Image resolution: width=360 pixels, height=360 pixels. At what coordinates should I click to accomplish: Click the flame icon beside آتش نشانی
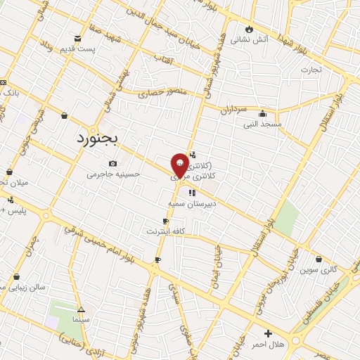248,30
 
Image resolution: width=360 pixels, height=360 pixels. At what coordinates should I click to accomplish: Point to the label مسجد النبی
262,124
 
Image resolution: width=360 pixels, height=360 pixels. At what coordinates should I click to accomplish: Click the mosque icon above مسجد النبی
263,114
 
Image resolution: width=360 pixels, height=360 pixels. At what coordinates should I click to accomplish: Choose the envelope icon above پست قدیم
77,38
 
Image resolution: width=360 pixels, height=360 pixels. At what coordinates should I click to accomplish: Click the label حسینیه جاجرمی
114,174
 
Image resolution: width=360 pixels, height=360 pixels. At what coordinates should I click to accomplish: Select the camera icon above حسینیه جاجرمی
112,164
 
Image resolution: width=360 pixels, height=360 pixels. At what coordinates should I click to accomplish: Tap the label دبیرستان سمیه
190,202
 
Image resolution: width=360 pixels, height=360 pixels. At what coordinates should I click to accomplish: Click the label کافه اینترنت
165,231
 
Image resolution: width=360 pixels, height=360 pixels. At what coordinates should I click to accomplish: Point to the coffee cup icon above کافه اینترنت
166,221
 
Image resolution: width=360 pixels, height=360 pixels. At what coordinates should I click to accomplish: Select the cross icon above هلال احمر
267,333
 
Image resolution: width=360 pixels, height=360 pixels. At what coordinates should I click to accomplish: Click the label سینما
80,319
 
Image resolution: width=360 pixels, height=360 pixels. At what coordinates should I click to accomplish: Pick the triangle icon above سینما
81,309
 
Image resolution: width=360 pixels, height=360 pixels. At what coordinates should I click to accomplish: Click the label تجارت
311,70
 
